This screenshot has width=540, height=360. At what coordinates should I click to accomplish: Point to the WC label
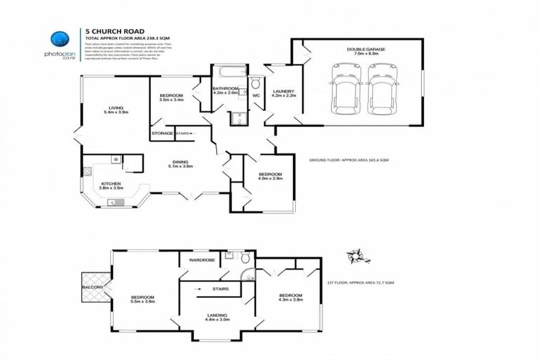point(256,94)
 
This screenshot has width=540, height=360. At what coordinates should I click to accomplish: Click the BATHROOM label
point(225,89)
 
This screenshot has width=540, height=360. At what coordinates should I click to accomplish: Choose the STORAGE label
point(162,132)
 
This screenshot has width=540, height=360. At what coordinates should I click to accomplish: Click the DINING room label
point(181,162)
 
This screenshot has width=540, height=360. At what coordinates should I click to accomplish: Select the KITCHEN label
point(111,185)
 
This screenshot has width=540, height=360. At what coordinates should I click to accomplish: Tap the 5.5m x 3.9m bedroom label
point(143,300)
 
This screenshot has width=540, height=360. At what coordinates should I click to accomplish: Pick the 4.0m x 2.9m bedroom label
point(270,176)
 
